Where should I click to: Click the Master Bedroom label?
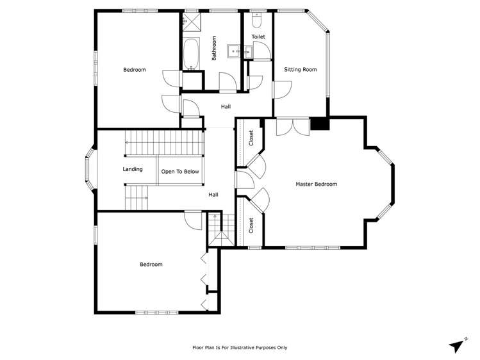click(316, 184)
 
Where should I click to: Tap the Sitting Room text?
click(301, 69)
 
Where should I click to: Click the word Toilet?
click(258, 37)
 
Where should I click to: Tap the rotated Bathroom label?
click(215, 49)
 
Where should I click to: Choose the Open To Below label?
click(180, 172)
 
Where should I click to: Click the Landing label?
click(133, 169)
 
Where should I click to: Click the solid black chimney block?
click(319, 124)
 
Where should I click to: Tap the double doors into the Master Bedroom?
click(292, 126)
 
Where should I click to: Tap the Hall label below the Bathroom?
click(226, 107)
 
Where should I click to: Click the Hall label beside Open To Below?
click(213, 194)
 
